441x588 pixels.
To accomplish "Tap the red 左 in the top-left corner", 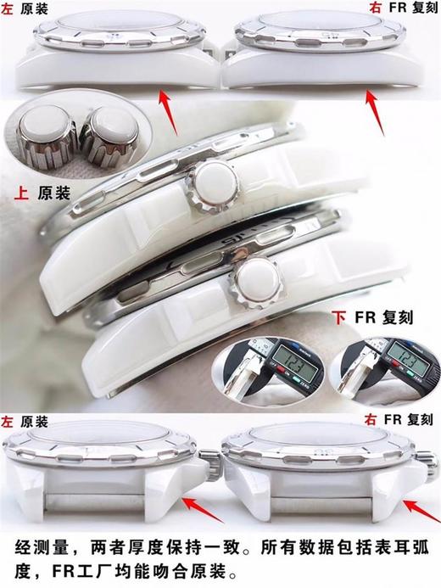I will point(7,8).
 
